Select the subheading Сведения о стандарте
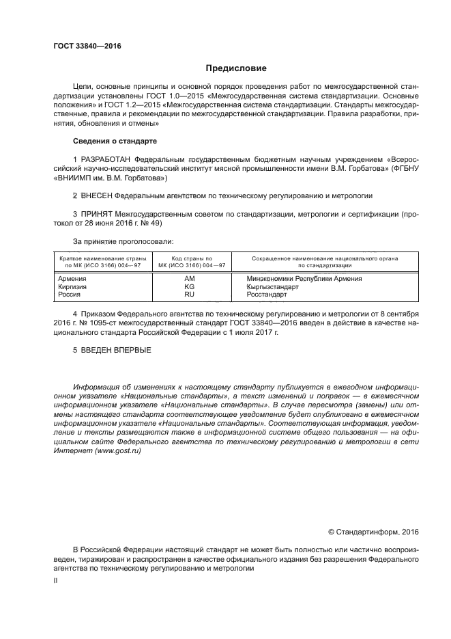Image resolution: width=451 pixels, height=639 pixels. (x=115, y=141)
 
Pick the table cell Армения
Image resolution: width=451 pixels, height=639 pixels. (x=72, y=279)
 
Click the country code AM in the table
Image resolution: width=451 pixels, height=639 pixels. (x=189, y=279)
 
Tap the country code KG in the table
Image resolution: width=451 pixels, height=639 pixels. (x=189, y=286)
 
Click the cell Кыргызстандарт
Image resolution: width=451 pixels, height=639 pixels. (x=273, y=286)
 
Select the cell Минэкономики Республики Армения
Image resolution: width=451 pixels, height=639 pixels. (x=304, y=279)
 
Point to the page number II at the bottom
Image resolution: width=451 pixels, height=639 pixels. (x=56, y=580)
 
